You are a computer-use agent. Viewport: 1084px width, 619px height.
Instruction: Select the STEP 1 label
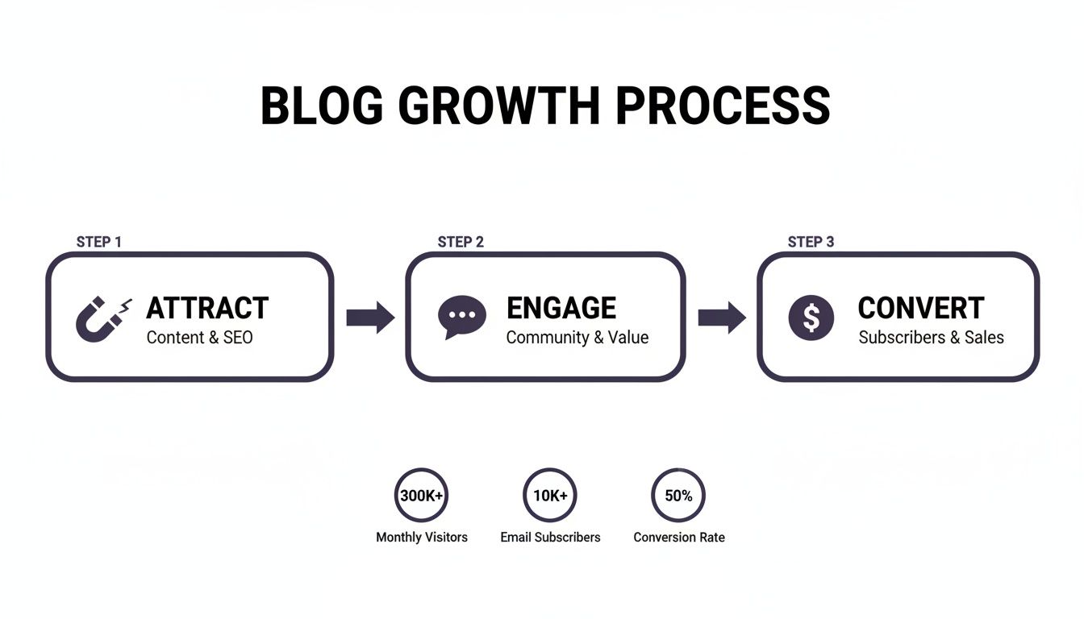99,242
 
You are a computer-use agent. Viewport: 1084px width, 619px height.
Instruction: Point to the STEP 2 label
461,242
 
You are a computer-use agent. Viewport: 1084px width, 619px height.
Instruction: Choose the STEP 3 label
811,242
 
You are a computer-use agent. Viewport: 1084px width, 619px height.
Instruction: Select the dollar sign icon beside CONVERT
811,317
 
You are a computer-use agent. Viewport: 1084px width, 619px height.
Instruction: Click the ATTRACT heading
207,308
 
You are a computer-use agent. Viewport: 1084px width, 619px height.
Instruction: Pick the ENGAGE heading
561,308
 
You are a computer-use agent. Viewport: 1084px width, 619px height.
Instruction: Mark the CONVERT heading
921,308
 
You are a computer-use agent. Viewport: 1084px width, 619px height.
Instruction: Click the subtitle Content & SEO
199,338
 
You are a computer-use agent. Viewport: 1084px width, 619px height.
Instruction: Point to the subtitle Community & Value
577,338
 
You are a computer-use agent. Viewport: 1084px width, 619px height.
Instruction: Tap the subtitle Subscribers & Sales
931,338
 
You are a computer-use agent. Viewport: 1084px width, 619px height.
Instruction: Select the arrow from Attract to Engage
370,318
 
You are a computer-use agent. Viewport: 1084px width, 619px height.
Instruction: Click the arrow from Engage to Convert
722,318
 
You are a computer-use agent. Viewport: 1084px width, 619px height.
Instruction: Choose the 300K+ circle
421,496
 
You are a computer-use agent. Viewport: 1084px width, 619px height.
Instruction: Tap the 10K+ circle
550,496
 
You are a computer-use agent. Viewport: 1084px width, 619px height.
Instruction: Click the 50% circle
678,496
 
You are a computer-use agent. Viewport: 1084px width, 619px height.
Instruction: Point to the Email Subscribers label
550,537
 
